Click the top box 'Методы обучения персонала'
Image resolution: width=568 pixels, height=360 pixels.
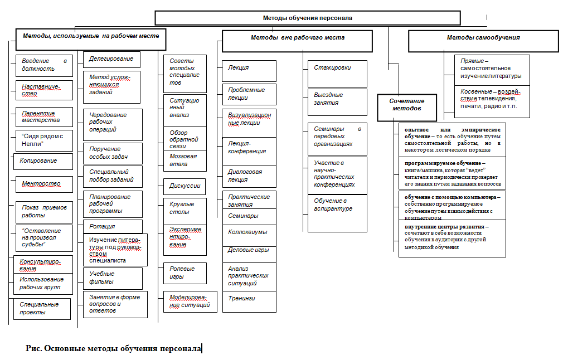(x=308, y=18)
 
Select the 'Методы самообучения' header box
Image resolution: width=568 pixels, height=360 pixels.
(x=483, y=41)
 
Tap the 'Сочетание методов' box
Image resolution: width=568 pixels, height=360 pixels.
(x=407, y=108)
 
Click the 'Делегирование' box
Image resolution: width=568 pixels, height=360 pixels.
(x=111, y=60)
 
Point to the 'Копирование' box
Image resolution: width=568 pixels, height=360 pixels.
(x=43, y=161)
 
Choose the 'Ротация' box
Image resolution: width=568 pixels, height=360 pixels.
(x=113, y=226)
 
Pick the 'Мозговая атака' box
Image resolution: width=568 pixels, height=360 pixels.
(x=185, y=160)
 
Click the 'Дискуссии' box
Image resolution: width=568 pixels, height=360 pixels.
(x=185, y=186)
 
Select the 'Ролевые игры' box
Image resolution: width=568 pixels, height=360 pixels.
(x=185, y=273)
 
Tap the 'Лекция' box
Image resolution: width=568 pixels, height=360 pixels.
(x=249, y=71)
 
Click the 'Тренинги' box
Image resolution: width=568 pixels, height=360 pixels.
(x=249, y=301)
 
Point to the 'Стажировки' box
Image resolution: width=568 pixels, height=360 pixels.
(x=337, y=74)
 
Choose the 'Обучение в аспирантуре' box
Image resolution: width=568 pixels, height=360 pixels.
(x=337, y=213)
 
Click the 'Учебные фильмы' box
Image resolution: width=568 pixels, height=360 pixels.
(x=113, y=279)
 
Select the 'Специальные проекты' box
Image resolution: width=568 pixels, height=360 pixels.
(x=42, y=309)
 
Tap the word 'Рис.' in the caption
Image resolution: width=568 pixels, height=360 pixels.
(x=33, y=348)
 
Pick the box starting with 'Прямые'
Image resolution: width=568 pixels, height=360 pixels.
(x=492, y=70)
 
